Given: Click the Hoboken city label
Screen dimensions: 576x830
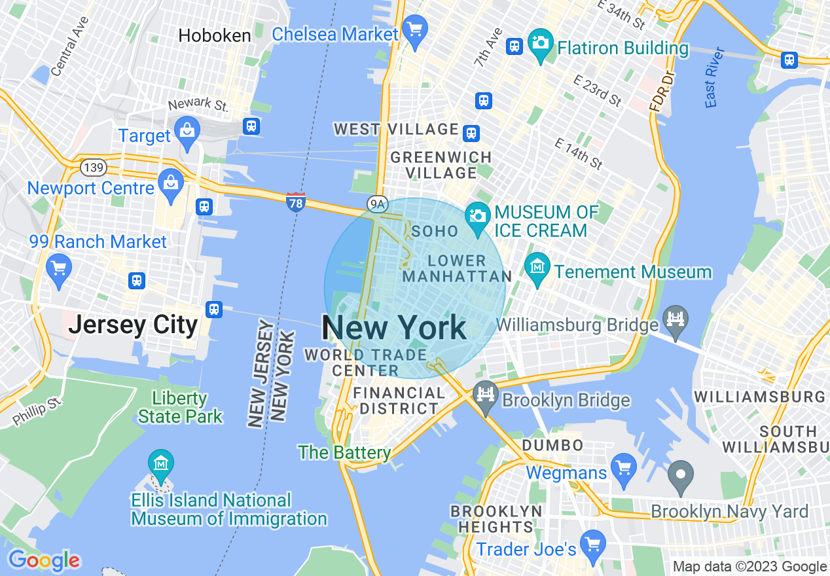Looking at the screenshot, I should pos(215,35).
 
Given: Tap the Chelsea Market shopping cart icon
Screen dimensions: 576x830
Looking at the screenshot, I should pos(414,29).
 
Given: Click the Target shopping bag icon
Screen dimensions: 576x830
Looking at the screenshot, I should pos(187,129).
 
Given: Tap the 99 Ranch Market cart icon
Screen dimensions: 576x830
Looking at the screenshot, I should pos(59,269).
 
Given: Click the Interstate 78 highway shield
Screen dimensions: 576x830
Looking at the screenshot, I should pos(296,200).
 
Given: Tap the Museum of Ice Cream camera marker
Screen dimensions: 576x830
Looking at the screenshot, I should pos(478,217).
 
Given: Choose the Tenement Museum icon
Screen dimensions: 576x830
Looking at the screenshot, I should pos(537,267).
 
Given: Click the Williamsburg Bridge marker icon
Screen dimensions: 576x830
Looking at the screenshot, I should pos(676,319).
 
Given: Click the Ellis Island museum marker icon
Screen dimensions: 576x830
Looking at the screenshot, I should pos(161,464).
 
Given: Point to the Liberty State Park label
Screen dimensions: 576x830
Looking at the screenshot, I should pos(180,407).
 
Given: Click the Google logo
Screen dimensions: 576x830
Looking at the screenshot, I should pos(45,560).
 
